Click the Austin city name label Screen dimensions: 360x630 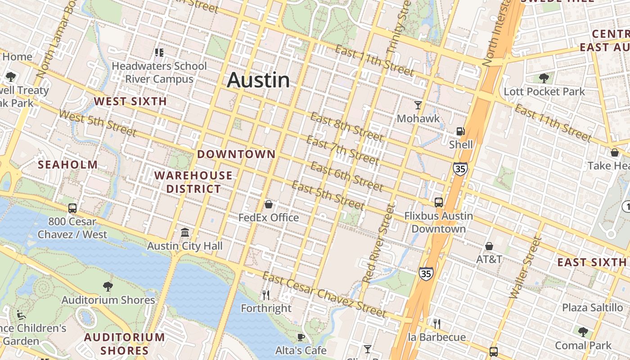(258, 80)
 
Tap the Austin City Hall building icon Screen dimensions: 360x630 (184, 233)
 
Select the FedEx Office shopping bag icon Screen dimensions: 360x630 (269, 205)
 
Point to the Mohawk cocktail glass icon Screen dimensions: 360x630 (418, 105)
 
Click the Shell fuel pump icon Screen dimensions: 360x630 (460, 131)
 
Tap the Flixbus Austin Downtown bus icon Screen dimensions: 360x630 (438, 202)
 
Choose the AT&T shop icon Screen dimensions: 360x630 (489, 246)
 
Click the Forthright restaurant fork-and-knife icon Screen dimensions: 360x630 (266, 295)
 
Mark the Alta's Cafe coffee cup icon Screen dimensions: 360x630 (301, 337)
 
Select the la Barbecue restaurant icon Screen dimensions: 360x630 (436, 324)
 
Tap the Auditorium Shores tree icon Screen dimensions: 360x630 (108, 286)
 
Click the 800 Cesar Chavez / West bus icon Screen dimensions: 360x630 (72, 208)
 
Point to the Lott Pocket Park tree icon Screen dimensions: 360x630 (544, 78)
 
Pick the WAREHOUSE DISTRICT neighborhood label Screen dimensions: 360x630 (193, 182)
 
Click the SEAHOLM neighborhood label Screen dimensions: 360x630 (67, 165)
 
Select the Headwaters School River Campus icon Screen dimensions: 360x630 (159, 53)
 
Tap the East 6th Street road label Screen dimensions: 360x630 (346, 176)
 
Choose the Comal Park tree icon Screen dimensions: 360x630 (583, 332)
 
